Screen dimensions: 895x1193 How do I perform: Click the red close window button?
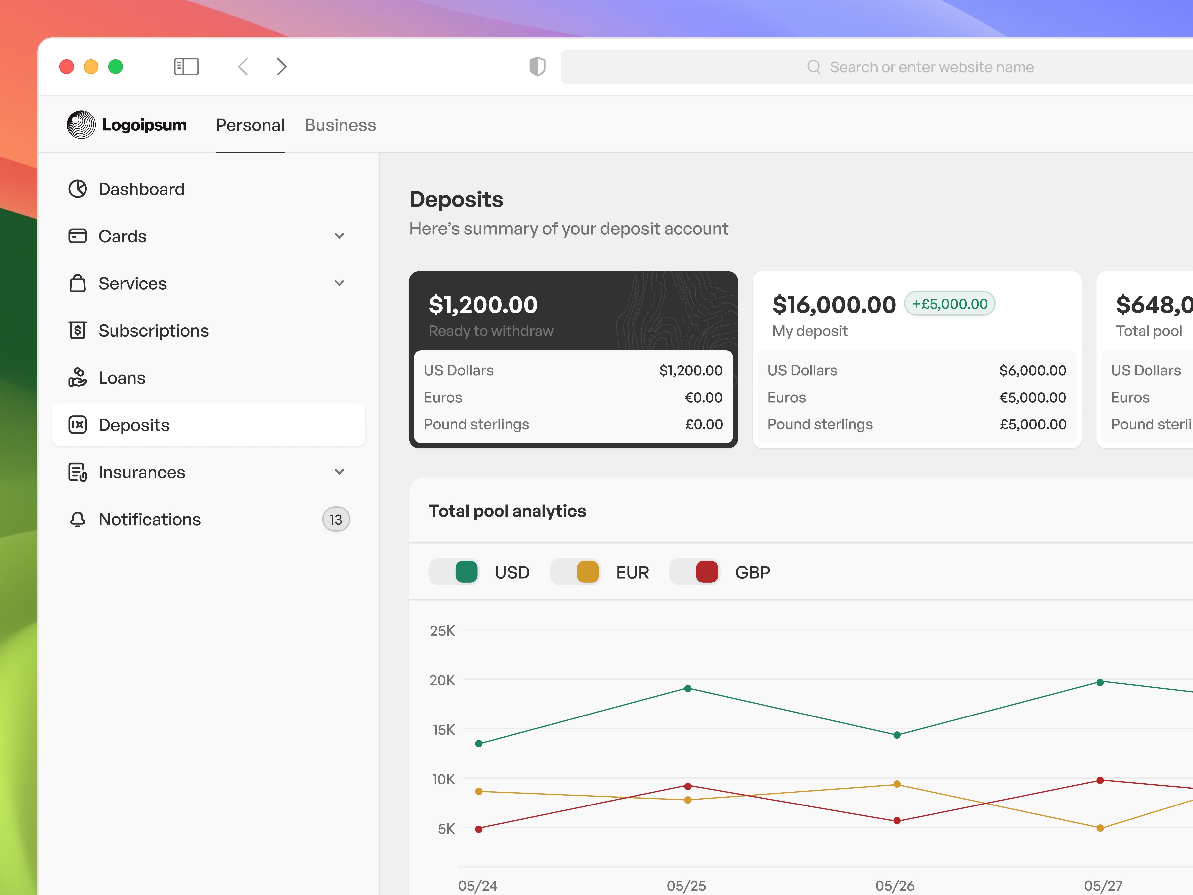(66, 67)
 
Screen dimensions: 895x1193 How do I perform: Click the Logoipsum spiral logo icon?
(81, 125)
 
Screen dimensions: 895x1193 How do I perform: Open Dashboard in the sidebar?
(141, 189)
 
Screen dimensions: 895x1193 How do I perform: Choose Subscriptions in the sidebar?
(153, 331)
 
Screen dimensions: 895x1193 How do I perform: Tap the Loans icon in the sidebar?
(78, 378)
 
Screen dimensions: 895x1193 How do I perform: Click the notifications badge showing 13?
(336, 520)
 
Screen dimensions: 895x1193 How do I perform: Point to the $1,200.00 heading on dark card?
(483, 305)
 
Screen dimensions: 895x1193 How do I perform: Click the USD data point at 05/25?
(688, 688)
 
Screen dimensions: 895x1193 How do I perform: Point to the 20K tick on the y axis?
(442, 680)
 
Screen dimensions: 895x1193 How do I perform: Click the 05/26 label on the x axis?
(894, 885)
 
